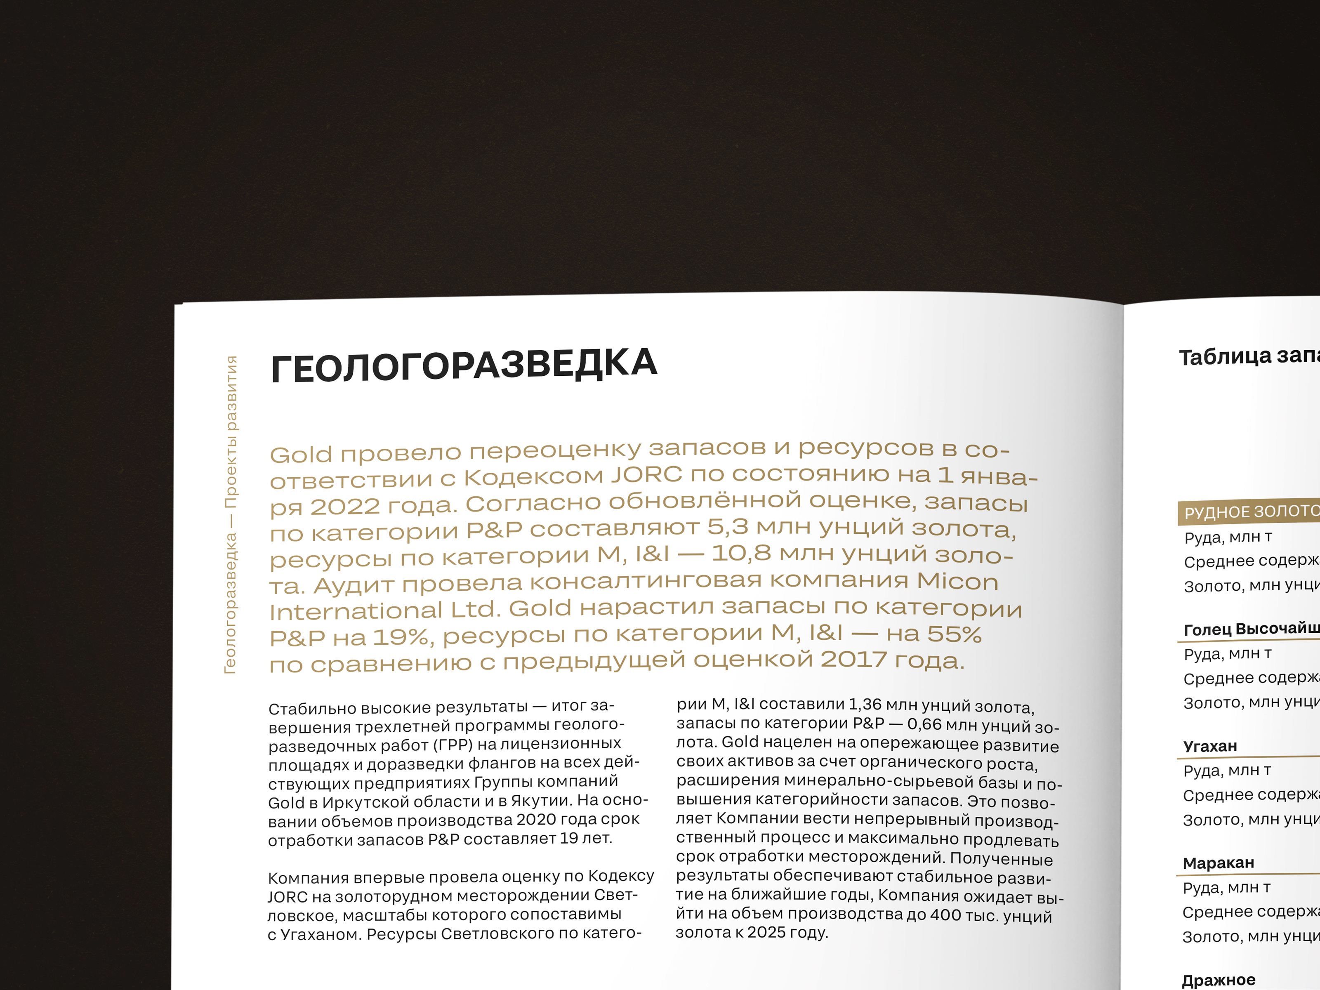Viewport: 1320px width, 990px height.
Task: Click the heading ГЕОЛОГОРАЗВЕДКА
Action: [x=464, y=365]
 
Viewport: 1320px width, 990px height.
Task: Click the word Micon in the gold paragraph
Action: [x=957, y=581]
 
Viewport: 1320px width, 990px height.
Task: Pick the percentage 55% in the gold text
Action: [x=954, y=634]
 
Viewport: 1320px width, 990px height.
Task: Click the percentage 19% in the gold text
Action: [x=401, y=637]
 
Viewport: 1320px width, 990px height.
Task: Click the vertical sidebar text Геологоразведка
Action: [x=230, y=603]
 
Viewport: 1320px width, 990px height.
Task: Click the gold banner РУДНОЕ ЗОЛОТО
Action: [x=1251, y=511]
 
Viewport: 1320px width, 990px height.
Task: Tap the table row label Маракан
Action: [x=1218, y=863]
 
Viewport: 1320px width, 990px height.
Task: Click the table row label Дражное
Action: [x=1218, y=980]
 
